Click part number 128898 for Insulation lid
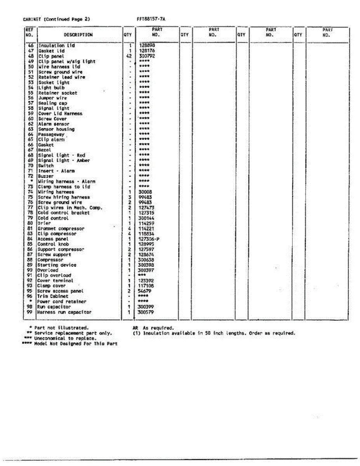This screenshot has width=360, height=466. tap(147, 45)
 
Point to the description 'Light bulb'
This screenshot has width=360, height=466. tap(51, 88)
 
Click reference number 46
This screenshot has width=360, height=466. tap(31, 45)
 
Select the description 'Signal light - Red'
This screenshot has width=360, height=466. tap(61, 155)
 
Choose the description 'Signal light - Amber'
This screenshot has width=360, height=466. tap(64, 160)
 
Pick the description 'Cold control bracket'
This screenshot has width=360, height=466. tap(63, 213)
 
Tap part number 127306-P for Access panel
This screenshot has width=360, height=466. tap(149, 239)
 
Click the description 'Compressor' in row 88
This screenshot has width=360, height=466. tap(50, 260)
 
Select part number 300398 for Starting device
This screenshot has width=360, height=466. tap(146, 265)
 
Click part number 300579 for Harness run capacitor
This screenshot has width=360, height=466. tap(146, 312)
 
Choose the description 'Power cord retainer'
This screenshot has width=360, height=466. tap(61, 301)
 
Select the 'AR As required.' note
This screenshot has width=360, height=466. tap(153, 328)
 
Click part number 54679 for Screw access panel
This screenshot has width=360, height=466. tap(145, 291)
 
